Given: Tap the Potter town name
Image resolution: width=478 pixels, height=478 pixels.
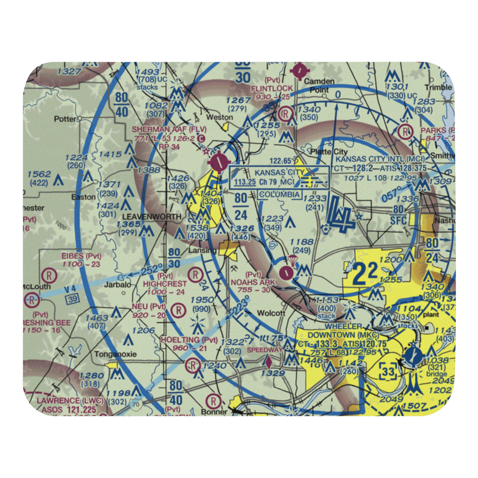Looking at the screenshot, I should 65,119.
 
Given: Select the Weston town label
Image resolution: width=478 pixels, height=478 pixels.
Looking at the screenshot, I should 216,117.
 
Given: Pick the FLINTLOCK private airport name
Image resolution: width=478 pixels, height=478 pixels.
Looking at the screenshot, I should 272,88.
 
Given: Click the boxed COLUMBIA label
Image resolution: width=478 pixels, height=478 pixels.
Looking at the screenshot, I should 280,195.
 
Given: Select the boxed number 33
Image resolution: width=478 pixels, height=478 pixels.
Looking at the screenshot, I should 389,370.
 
